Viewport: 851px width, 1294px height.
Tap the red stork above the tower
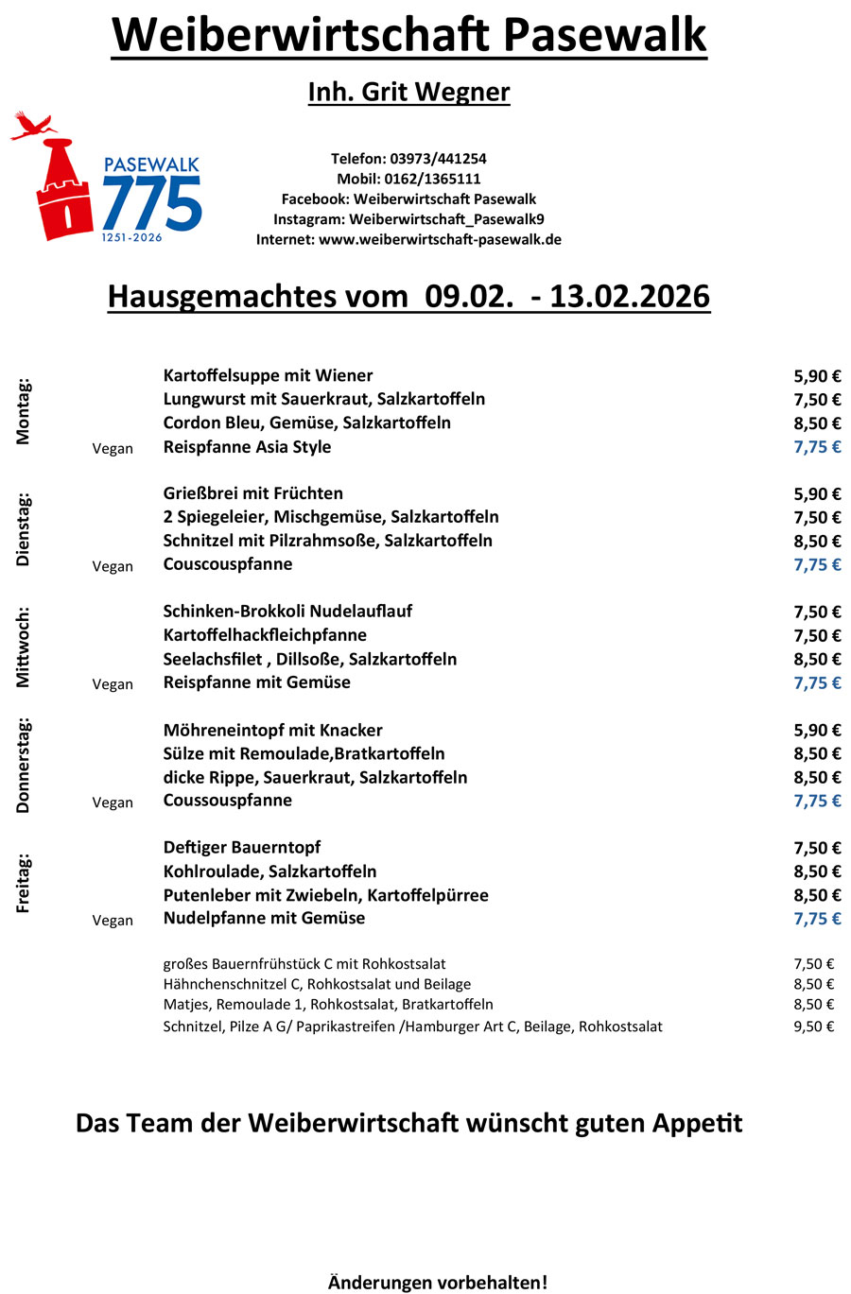pos(33,125)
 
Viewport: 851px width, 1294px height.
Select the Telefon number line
pos(408,159)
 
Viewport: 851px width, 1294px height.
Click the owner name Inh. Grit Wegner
pos(408,93)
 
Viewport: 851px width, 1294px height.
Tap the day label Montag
pos(24,411)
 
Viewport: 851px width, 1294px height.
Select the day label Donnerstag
pos(24,766)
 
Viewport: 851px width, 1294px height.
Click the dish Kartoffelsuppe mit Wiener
pos(268,375)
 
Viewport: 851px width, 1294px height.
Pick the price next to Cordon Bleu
pos(817,423)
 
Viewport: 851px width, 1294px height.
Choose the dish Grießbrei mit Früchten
pos(252,493)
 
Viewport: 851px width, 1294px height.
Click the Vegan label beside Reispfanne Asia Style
pos(113,449)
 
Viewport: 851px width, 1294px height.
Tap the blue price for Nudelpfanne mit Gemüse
pos(817,919)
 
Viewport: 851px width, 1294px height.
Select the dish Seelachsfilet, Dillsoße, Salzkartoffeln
pos(309,659)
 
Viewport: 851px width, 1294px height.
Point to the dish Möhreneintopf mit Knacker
pos(272,730)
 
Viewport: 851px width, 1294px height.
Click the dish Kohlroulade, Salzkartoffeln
pos(269,871)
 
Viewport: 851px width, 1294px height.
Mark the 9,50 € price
pos(813,1027)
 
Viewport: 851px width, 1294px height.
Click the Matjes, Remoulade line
pos(327,1005)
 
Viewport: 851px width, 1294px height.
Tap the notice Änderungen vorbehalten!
pos(437,1283)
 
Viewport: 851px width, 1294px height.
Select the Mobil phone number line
pos(408,179)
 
